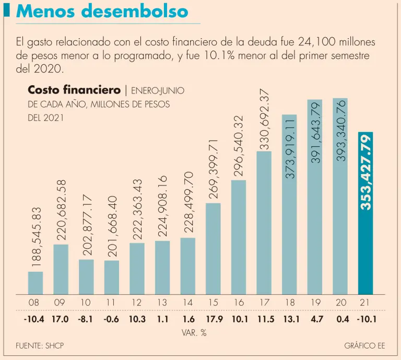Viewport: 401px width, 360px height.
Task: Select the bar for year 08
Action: coord(36,283)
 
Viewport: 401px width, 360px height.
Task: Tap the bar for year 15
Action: coord(213,249)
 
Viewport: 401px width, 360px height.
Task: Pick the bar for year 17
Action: coord(264,223)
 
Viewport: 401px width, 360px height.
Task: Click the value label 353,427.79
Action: coord(365,172)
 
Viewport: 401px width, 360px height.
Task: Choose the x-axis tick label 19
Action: coord(315,303)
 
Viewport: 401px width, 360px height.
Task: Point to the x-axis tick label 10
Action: coord(86,303)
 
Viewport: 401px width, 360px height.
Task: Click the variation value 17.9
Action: coord(213,319)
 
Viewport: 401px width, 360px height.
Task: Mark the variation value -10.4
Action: coord(36,319)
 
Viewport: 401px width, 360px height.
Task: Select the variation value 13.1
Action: coord(289,319)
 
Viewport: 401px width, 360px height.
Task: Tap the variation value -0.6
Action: coord(112,319)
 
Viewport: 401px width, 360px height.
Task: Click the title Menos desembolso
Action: coord(102,11)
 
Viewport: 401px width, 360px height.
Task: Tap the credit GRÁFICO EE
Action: coord(364,346)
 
